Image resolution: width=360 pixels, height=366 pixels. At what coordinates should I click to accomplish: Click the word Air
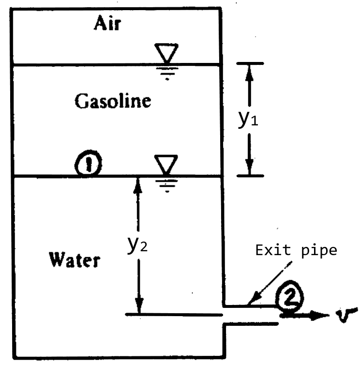106,25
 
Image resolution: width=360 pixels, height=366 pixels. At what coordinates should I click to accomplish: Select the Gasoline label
113,101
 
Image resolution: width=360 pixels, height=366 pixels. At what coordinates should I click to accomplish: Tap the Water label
75,260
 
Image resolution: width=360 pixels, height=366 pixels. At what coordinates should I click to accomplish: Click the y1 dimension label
248,120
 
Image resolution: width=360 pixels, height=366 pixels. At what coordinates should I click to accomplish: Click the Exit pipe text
296,250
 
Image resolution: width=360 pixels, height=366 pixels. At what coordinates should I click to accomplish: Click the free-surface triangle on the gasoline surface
166,52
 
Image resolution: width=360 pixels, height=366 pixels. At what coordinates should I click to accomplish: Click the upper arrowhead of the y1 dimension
249,70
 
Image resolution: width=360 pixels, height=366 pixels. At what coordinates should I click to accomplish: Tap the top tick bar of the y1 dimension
249,63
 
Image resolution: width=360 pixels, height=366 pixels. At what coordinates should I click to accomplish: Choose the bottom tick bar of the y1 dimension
249,176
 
